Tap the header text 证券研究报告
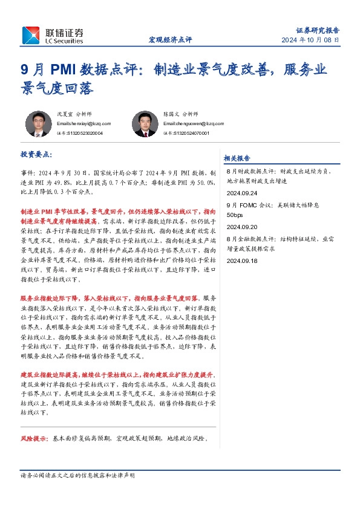pyautogui.click(x=318, y=30)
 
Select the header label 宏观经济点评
pyautogui.click(x=170, y=40)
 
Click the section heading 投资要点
pyautogui.click(x=37, y=155)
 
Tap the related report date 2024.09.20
pyautogui.click(x=241, y=227)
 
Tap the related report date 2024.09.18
pyautogui.click(x=241, y=261)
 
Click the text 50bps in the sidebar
pyautogui.click(x=234, y=215)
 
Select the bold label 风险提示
pyautogui.click(x=33, y=438)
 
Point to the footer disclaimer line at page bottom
pyautogui.click(x=77, y=476)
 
